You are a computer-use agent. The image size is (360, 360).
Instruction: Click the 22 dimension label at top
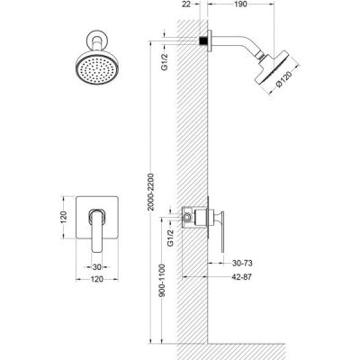tap(186, 4)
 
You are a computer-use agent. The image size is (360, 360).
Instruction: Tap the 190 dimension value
tap(241, 4)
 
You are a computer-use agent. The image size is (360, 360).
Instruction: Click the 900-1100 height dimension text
tap(162, 280)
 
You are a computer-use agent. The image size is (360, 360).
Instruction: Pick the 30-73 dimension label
tap(242, 263)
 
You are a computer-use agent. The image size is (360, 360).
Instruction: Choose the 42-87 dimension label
tap(242, 277)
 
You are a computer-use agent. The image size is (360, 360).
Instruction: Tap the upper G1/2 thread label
tap(165, 62)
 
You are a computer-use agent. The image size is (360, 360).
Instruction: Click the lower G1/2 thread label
tap(170, 238)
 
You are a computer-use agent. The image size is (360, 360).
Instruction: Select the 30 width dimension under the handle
tap(97, 266)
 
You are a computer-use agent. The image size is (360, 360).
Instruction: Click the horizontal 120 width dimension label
tap(97, 279)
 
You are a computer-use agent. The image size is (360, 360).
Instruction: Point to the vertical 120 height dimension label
tap(63, 218)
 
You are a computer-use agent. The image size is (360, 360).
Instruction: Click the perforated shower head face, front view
tap(97, 69)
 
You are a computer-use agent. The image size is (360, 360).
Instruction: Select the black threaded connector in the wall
tap(203, 40)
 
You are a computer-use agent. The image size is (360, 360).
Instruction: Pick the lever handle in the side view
tap(221, 231)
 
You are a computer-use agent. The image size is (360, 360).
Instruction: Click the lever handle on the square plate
tap(96, 229)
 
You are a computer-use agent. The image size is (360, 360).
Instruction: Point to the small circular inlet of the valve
tap(187, 217)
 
